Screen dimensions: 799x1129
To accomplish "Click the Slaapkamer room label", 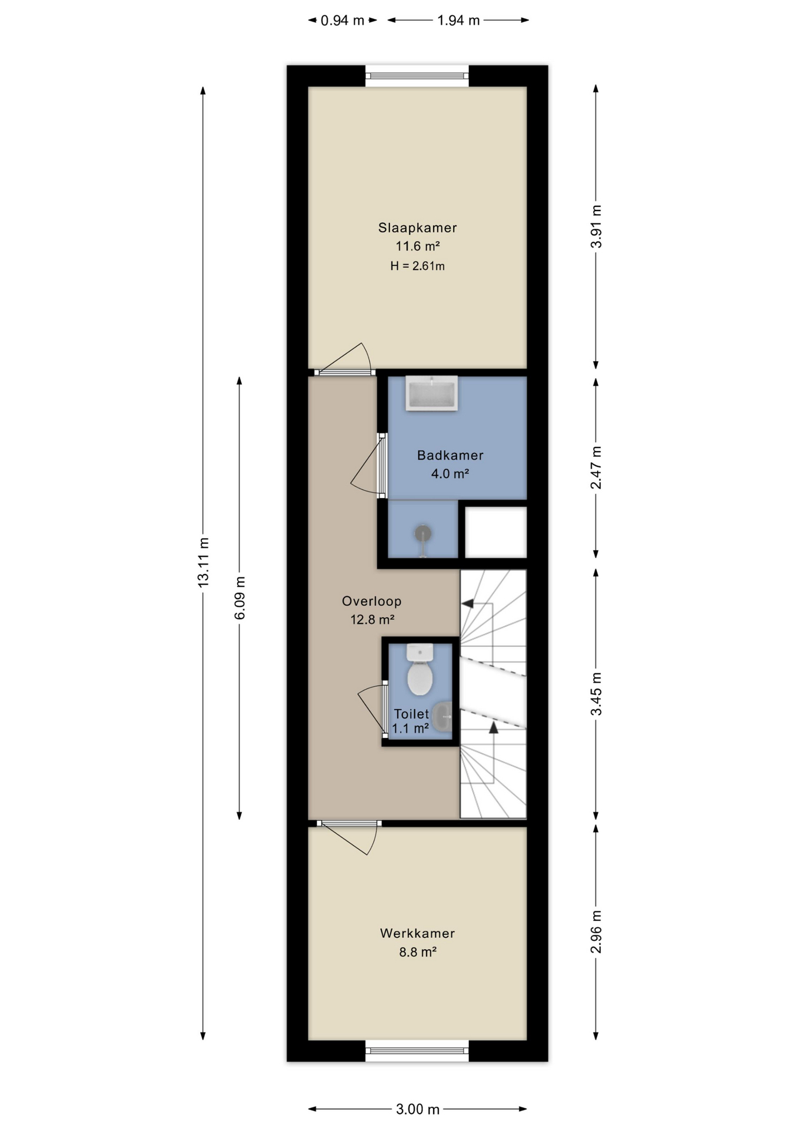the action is point(417,228).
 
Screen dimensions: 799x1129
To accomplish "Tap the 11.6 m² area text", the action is point(417,246).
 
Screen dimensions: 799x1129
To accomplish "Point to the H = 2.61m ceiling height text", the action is point(417,266).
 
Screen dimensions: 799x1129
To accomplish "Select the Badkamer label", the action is point(450,455).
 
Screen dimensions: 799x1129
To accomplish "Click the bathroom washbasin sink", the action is point(431,393).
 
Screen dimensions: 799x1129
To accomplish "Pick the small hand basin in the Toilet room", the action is point(442,716).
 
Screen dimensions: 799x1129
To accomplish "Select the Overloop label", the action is point(372,601).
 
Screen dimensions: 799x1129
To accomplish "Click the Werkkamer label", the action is point(417,933).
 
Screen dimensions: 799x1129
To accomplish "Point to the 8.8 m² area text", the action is point(417,952).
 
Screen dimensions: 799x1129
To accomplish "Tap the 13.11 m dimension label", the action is point(203,562).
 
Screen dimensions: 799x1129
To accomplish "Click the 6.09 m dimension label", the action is point(239,597).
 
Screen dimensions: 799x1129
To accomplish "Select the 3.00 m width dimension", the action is point(417,1109).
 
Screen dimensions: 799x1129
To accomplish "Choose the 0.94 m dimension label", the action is point(342,21).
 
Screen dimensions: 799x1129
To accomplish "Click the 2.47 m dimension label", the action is point(596,467).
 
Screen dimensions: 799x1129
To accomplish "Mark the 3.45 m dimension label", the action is point(596,694).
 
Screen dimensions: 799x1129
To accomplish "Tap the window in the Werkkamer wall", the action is point(417,1051).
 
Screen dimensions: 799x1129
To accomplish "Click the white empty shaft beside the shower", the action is point(495,532).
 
